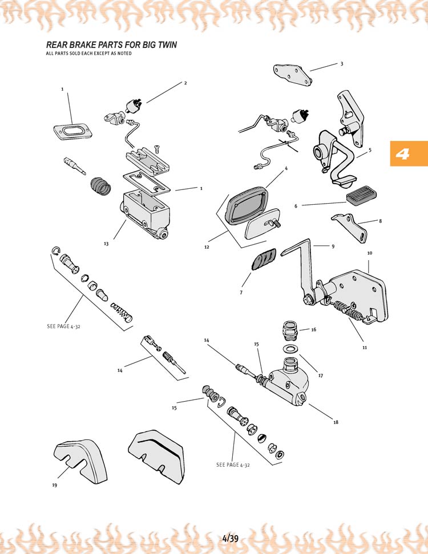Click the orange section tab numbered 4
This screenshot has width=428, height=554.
click(x=409, y=153)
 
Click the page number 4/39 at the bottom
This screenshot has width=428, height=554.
click(x=231, y=539)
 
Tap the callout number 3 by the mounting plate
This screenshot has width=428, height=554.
click(x=342, y=64)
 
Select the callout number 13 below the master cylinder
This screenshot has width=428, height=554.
click(x=106, y=244)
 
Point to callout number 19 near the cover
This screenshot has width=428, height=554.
click(x=54, y=485)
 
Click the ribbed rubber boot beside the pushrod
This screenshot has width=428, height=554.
click(x=101, y=185)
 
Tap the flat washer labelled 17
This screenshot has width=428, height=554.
click(x=290, y=349)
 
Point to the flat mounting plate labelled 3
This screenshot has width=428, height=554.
click(x=293, y=74)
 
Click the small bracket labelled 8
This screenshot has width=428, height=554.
click(x=349, y=227)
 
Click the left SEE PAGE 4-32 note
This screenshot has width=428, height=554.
click(x=63, y=326)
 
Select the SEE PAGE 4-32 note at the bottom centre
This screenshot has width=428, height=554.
click(x=233, y=465)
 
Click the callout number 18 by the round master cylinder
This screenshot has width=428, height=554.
click(x=336, y=422)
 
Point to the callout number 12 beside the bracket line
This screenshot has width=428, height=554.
click(x=207, y=247)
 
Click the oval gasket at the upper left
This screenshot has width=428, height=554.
click(x=73, y=131)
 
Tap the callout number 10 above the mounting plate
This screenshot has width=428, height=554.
click(x=370, y=253)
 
